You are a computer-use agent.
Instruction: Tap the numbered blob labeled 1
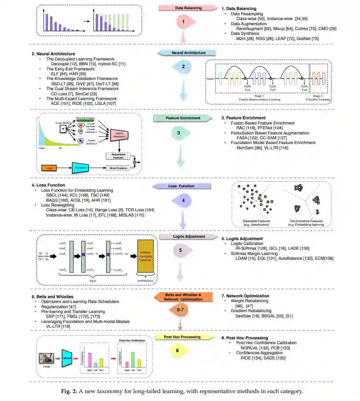[x=183, y=22]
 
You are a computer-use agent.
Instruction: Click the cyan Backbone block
[x=82, y=168]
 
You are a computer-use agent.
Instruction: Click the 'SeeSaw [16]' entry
[x=247, y=315]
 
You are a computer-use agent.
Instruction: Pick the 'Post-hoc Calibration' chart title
[x=133, y=340]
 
